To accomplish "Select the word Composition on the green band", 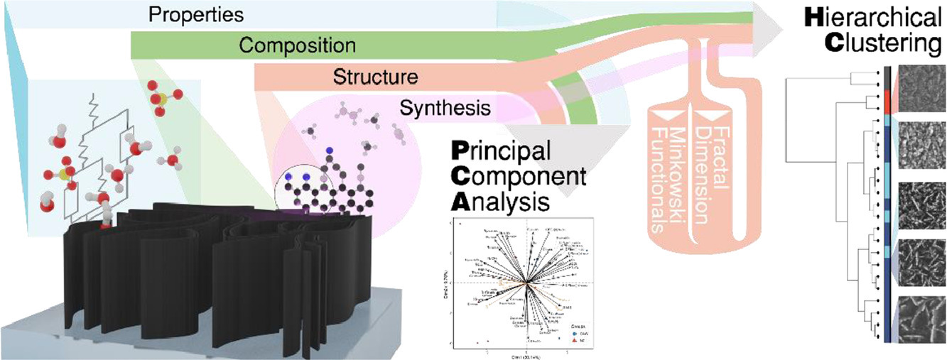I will click(297, 46).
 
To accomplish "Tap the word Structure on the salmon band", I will click(374, 77).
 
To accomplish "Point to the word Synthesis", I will click(445, 108).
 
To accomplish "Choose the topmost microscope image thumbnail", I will click(921, 89).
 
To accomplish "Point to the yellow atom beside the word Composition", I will click(163, 97).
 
